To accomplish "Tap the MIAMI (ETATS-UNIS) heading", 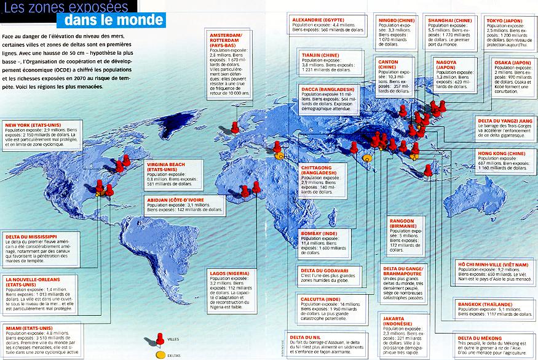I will pyautogui.click(x=28, y=329).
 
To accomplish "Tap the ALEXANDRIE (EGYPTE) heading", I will pyautogui.click(x=321, y=20).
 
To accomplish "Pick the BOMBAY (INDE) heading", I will pyautogui.click(x=317, y=234).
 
